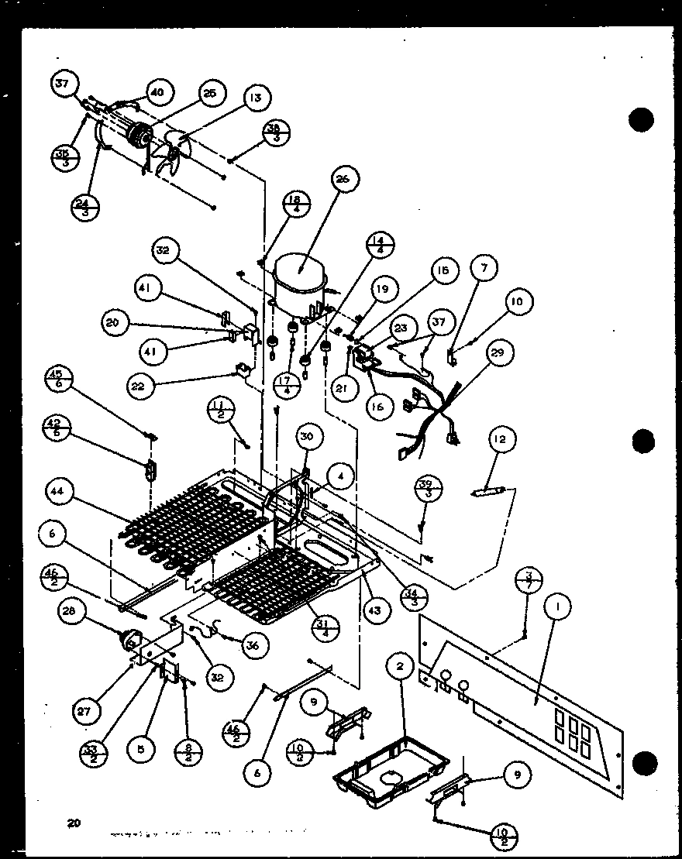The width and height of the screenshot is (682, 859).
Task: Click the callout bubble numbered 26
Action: (x=343, y=180)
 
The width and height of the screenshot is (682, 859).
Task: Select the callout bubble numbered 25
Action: (x=208, y=94)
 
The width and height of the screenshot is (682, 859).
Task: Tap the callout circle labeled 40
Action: (x=157, y=91)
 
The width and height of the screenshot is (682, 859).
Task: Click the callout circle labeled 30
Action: (x=307, y=437)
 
